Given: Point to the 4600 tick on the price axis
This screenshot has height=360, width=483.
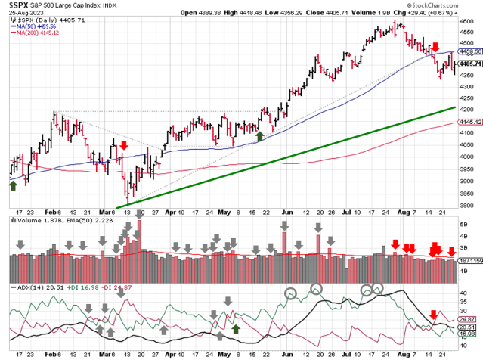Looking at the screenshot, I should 469,23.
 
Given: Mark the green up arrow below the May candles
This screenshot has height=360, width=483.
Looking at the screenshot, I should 260,135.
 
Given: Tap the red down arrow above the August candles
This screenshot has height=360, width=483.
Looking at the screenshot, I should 435,48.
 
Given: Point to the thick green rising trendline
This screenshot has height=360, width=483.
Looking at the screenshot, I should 302,154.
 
